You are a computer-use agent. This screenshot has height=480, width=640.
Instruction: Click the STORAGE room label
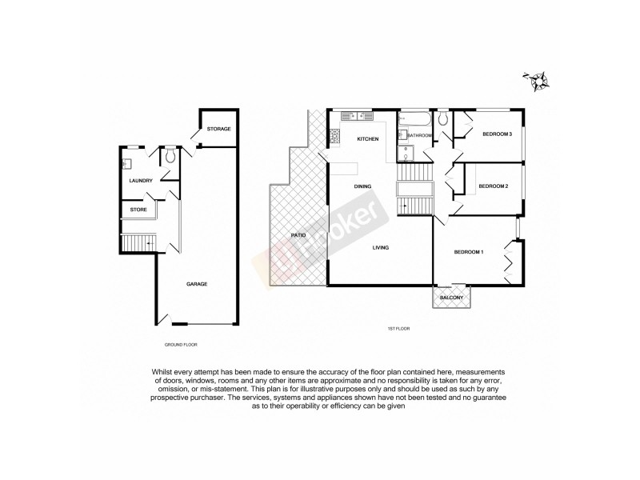(218, 129)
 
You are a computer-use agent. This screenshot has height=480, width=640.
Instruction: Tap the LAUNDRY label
(141, 181)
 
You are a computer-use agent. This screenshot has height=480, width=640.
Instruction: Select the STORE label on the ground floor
(139, 210)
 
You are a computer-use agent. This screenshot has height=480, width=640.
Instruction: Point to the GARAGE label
(197, 284)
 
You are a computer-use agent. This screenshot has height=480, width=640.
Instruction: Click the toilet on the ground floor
(170, 157)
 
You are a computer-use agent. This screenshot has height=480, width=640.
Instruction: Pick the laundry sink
(126, 164)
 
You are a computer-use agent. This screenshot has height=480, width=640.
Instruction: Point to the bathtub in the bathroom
(416, 120)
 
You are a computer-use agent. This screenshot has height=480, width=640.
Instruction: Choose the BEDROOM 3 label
(496, 134)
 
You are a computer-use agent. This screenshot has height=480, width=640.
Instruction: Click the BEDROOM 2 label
(493, 186)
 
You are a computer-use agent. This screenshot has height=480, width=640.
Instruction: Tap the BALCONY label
(452, 299)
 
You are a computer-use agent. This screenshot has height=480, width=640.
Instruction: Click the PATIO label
(298, 235)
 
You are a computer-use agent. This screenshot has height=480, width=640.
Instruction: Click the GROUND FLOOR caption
(180, 344)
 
